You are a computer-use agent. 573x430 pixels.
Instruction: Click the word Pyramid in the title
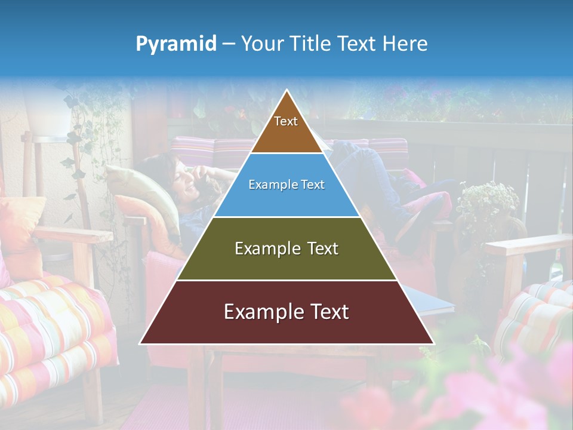click(175, 44)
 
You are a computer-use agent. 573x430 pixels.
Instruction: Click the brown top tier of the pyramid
click(286, 134)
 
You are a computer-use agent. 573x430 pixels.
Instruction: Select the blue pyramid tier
click(286, 200)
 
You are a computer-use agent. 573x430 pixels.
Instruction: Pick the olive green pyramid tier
click(286, 263)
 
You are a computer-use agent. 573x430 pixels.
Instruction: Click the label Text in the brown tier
click(286, 121)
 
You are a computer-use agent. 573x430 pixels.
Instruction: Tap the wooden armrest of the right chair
click(525, 245)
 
